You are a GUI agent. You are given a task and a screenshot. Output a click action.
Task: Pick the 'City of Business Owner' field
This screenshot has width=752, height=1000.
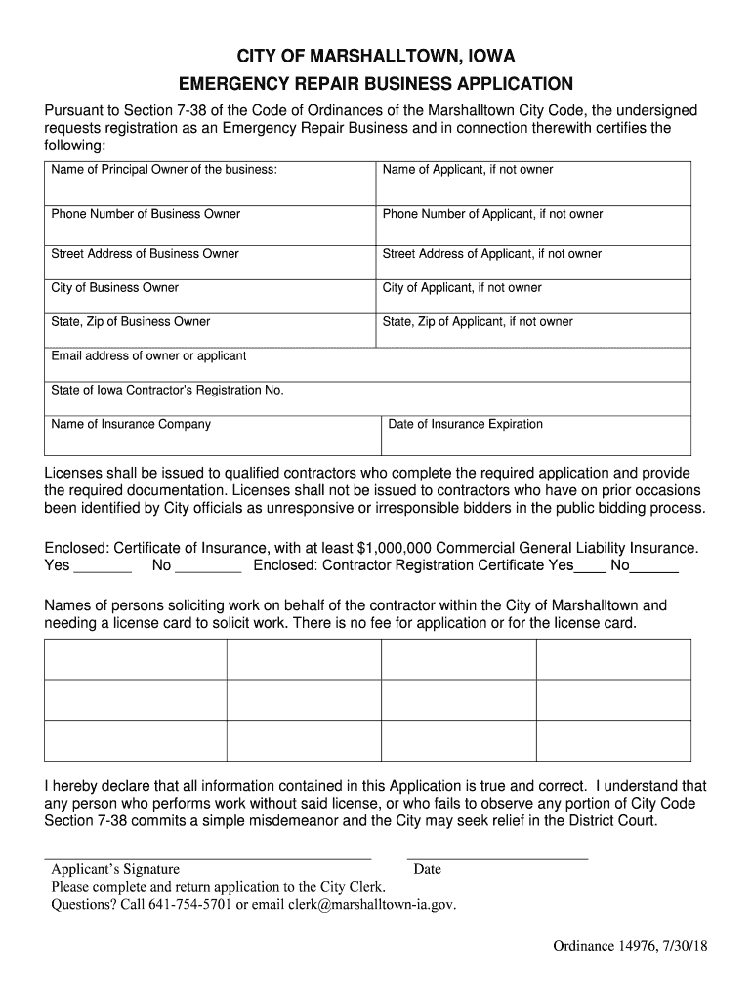coord(210,300)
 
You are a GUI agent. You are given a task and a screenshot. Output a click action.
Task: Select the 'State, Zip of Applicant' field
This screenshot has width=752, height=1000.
coord(533,334)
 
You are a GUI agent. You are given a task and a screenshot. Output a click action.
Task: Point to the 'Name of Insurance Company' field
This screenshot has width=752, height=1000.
coord(212,438)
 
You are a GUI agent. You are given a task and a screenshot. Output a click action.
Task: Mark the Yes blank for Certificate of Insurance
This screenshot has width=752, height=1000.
coord(103,566)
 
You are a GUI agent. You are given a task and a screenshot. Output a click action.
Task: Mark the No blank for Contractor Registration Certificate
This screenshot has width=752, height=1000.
coord(655,566)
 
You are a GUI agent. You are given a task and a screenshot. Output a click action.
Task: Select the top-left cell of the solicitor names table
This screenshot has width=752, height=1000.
coord(136,659)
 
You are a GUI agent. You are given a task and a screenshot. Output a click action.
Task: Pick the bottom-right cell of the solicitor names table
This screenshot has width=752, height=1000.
coord(613,740)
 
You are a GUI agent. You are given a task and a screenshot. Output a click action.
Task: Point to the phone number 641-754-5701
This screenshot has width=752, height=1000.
coord(189,904)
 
